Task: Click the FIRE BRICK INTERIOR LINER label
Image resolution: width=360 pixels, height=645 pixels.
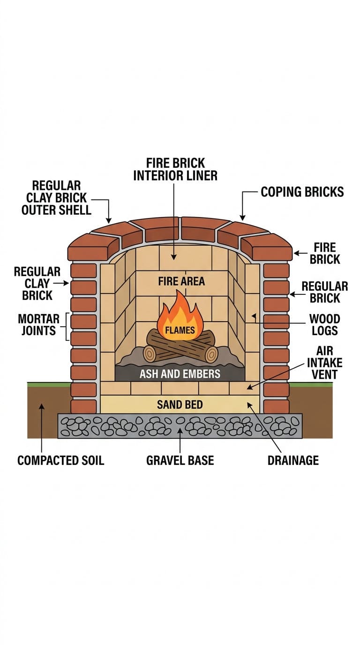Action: [175, 169]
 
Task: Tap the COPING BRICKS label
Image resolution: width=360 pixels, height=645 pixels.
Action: [302, 192]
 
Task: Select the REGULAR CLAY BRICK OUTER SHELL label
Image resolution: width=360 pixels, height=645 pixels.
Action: [56, 198]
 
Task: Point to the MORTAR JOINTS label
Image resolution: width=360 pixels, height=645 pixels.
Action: [38, 324]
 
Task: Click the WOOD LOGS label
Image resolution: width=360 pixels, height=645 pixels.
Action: [324, 324]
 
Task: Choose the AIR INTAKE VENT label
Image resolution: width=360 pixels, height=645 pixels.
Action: [324, 362]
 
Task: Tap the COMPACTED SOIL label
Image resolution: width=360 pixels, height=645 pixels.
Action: [61, 460]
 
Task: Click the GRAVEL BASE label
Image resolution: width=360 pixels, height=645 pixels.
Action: [180, 460]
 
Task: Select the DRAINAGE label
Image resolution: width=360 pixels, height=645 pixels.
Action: [293, 460]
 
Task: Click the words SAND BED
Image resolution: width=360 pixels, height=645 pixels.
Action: [180, 405]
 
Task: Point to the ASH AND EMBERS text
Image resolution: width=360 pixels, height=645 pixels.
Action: [180, 374]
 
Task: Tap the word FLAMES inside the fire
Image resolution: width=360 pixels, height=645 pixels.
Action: [180, 330]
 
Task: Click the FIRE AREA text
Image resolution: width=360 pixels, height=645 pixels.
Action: [181, 281]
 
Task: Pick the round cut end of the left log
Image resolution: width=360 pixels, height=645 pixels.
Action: [150, 353]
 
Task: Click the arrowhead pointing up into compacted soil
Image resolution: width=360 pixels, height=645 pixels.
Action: [42, 406]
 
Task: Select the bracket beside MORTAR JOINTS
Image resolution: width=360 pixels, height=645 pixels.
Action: [67, 327]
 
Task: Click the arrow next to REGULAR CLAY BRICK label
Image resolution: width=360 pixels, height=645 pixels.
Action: [61, 283]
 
